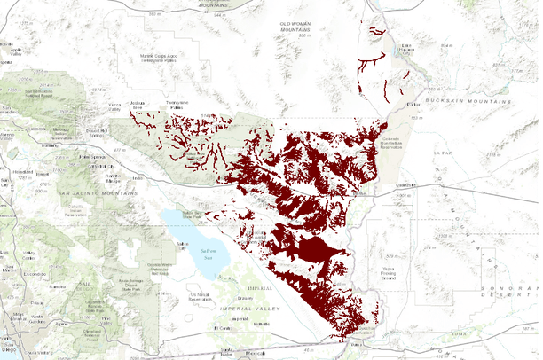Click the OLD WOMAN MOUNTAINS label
297,27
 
